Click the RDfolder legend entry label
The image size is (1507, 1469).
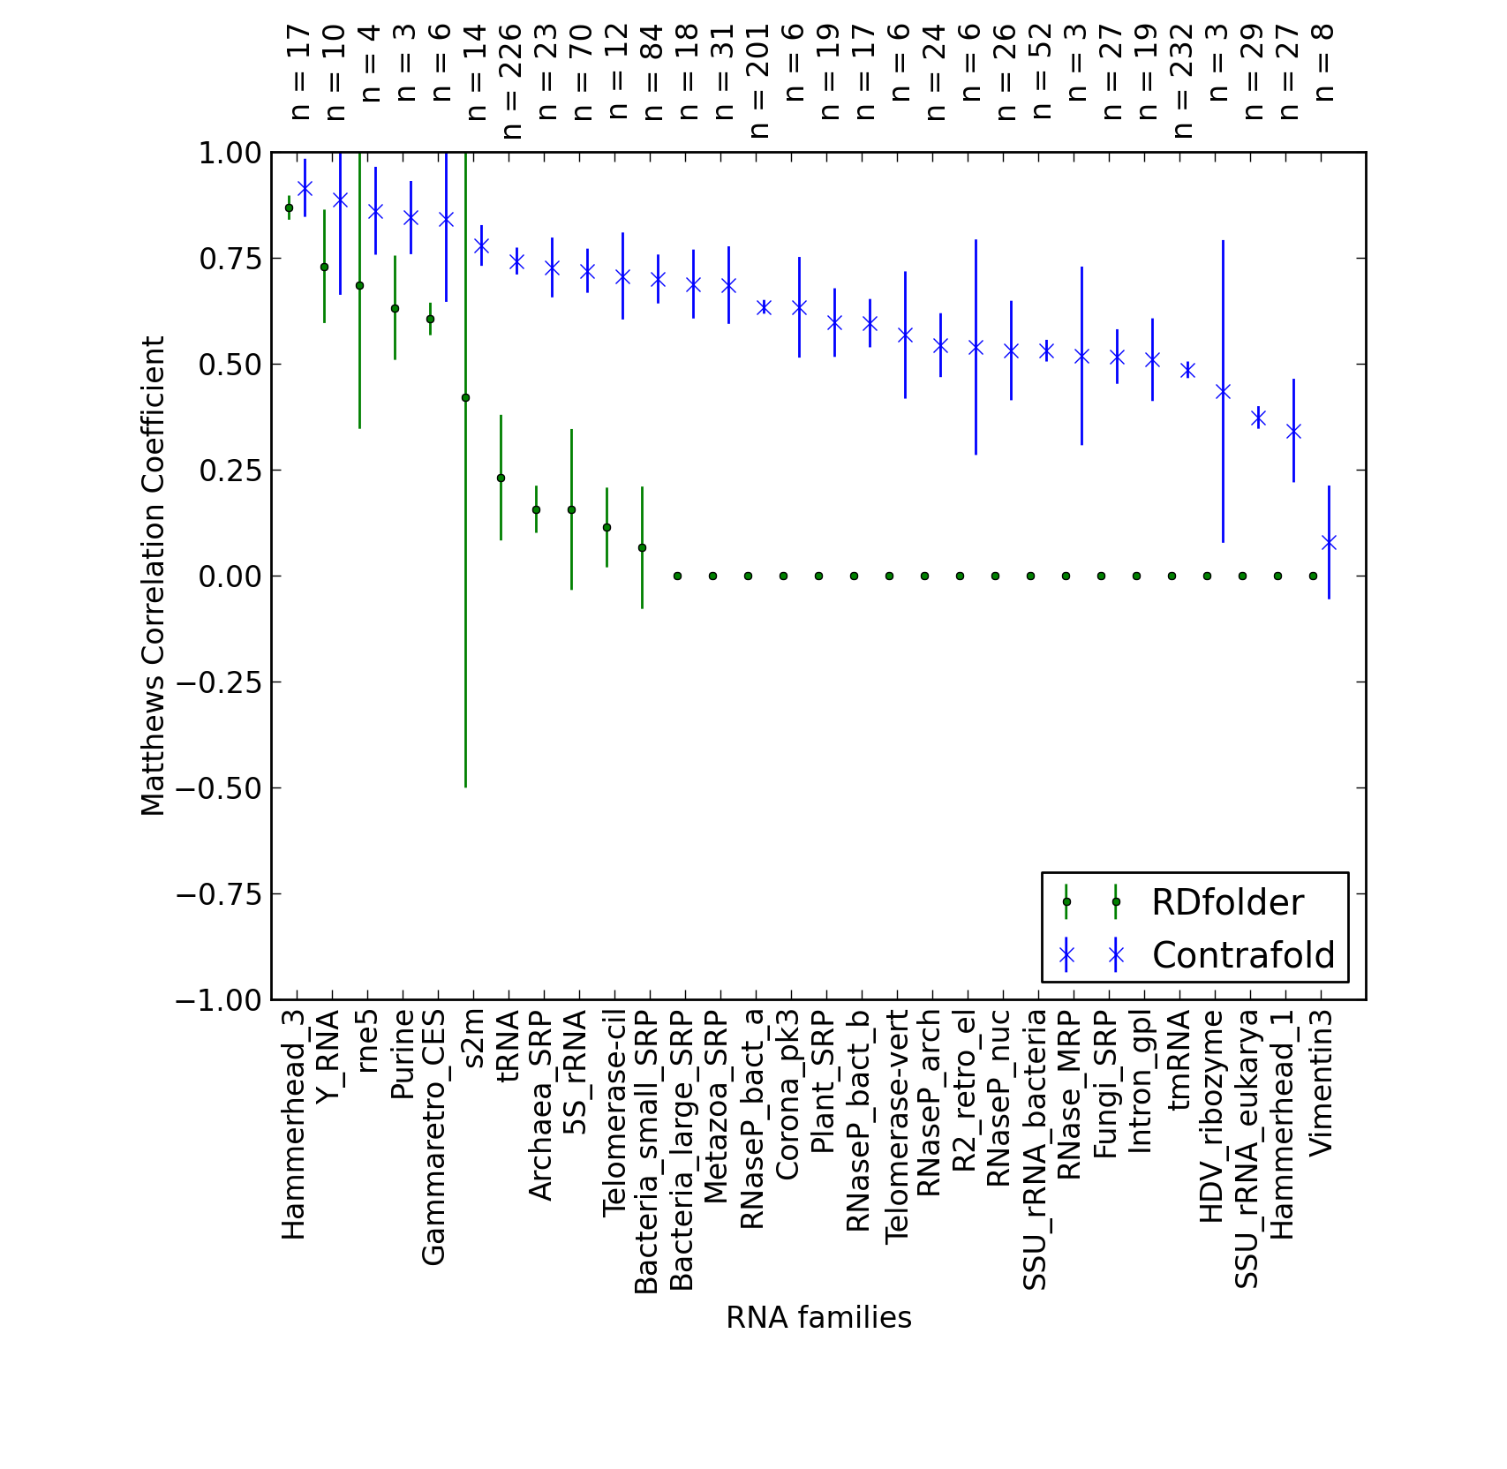click(x=1227, y=903)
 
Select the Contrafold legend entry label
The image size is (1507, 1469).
click(x=1243, y=955)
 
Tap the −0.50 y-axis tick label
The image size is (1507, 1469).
click(x=219, y=788)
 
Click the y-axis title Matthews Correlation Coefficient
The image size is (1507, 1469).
click(x=153, y=576)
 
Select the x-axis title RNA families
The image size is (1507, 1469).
click(x=818, y=1318)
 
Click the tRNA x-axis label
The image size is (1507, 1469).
click(x=509, y=1047)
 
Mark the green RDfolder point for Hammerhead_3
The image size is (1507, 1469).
click(x=289, y=208)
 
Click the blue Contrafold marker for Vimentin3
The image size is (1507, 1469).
click(x=1329, y=542)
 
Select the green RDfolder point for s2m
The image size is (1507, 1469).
click(x=465, y=398)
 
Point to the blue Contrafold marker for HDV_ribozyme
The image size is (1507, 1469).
click(x=1223, y=391)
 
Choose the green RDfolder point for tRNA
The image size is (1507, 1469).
click(x=501, y=478)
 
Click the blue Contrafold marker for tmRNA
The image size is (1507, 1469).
click(x=1187, y=370)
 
